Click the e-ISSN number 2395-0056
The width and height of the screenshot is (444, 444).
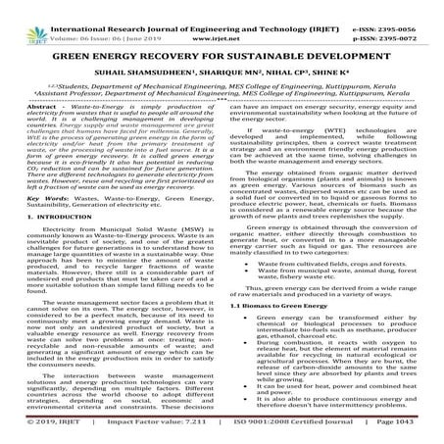click(403, 7)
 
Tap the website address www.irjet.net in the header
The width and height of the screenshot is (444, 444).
click(218, 19)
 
